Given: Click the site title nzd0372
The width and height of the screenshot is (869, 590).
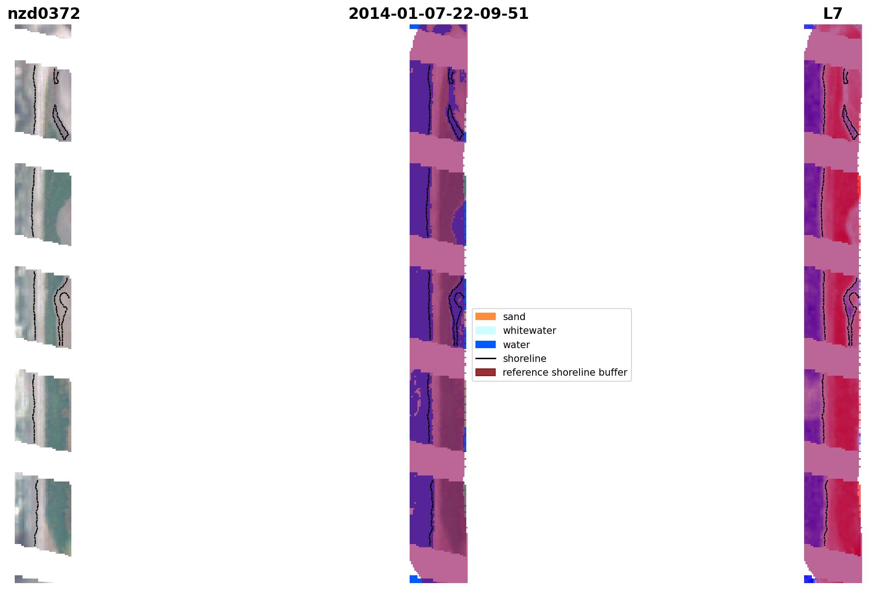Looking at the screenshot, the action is pyautogui.click(x=44, y=14).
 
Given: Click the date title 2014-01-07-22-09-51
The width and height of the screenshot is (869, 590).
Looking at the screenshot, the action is pyautogui.click(x=438, y=14).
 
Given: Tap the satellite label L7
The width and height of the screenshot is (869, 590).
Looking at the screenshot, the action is pyautogui.click(x=833, y=14).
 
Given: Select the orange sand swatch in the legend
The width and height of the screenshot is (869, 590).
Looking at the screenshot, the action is pyautogui.click(x=486, y=316).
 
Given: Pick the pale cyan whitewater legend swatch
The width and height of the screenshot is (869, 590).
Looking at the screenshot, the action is pyautogui.click(x=486, y=330).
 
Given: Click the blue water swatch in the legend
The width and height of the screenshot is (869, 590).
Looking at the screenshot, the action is pyautogui.click(x=486, y=344).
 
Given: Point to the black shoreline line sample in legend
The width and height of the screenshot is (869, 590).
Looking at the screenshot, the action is pyautogui.click(x=486, y=358).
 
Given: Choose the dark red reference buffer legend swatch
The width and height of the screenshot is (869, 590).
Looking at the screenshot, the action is pyautogui.click(x=486, y=372).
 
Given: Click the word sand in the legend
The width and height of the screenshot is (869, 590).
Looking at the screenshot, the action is pyautogui.click(x=514, y=317).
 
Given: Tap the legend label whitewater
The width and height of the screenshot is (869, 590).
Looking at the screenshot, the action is pyautogui.click(x=529, y=331).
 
